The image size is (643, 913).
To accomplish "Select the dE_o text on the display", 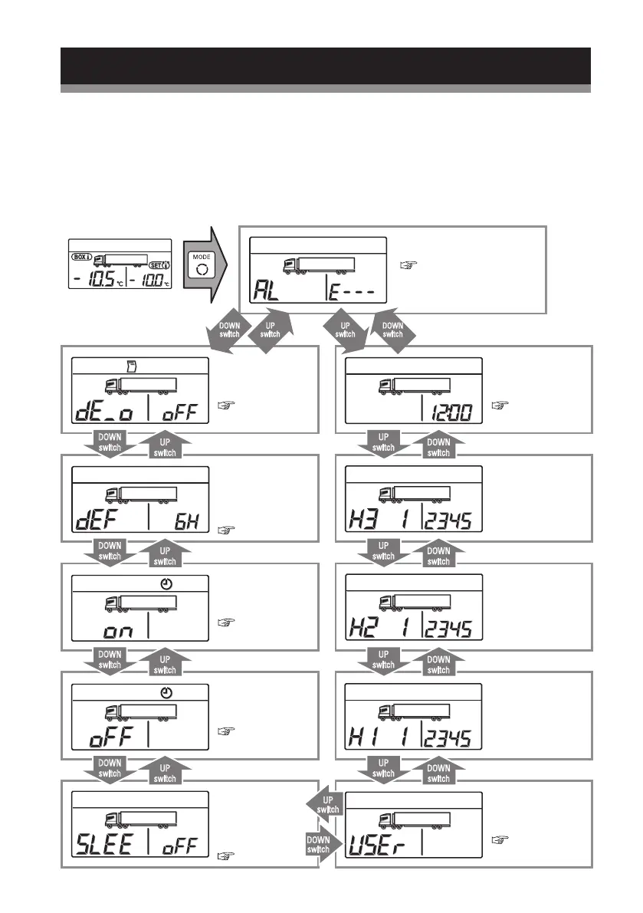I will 105,414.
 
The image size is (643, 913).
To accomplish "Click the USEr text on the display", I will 379,847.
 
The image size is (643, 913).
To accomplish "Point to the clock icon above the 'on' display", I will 167,585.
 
